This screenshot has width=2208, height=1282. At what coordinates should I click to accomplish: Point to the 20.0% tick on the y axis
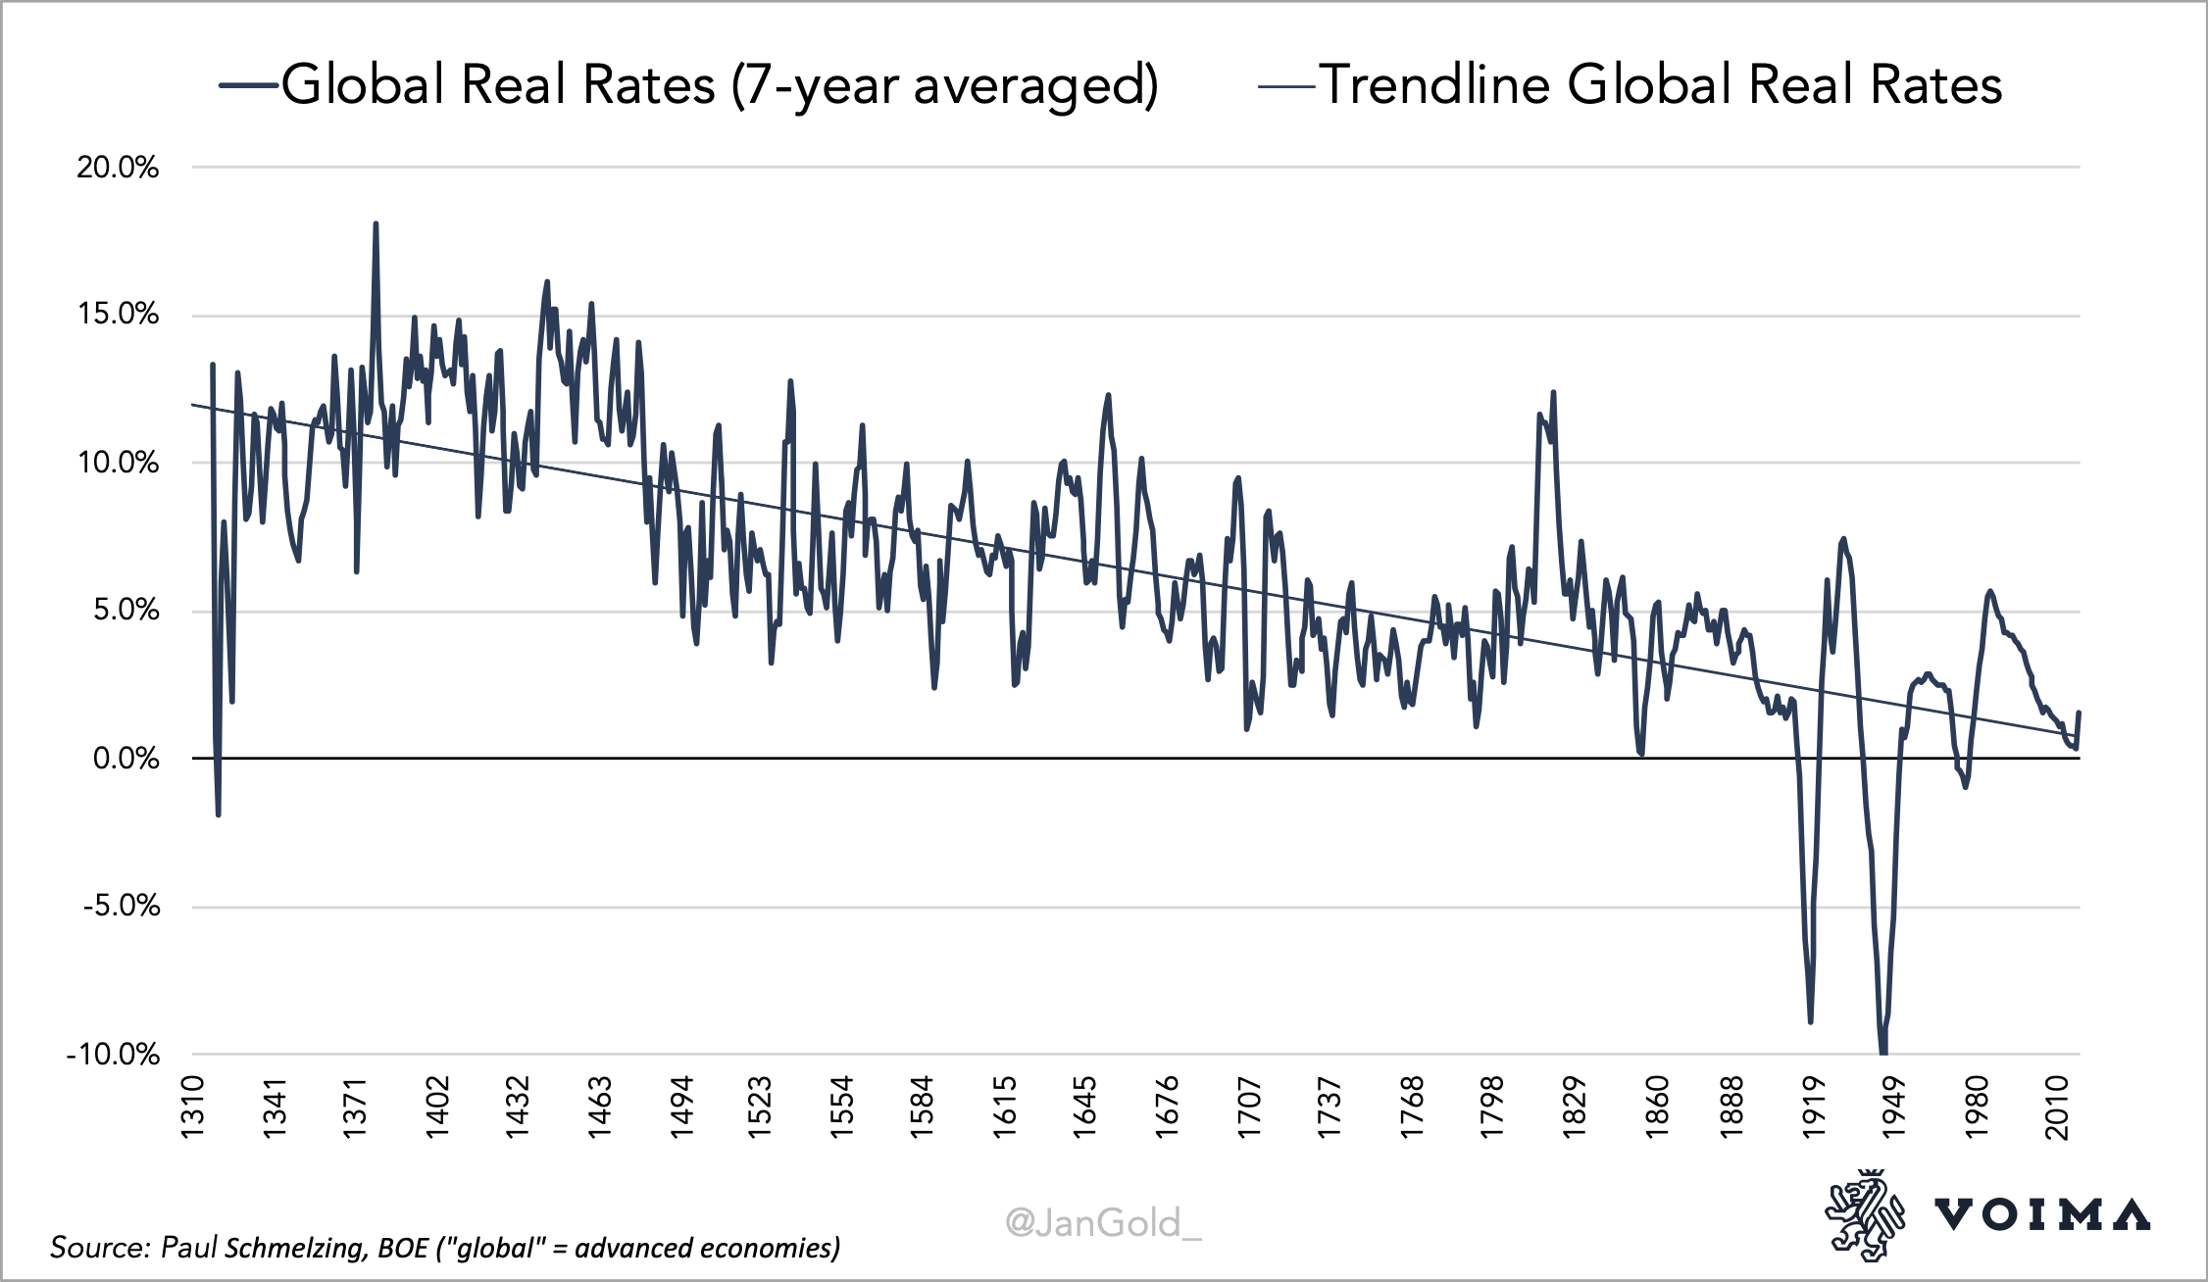[x=118, y=168]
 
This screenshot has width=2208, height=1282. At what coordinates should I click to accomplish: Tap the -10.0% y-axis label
[x=113, y=1055]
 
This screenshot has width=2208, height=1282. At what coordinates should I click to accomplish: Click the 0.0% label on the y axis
[x=125, y=759]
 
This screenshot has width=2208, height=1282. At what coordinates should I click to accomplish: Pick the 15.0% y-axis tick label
[x=118, y=315]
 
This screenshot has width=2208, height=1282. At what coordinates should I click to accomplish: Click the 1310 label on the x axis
[x=192, y=1108]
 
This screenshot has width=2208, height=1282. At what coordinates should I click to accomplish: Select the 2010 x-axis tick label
[x=2057, y=1108]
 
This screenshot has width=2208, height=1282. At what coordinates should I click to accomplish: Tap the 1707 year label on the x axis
[x=1247, y=1108]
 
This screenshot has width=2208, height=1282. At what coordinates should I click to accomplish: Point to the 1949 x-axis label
[x=1894, y=1108]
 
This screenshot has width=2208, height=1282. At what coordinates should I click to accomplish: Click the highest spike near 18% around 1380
[x=376, y=225]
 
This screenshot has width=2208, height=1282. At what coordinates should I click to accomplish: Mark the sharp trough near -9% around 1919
[x=1810, y=1020]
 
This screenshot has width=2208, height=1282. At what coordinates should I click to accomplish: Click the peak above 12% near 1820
[x=1553, y=394]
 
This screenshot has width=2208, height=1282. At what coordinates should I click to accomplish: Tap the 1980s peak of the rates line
[x=1989, y=592]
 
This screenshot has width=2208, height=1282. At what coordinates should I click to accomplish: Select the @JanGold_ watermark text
[x=1103, y=1222]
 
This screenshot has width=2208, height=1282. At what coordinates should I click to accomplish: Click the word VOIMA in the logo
[x=2041, y=1215]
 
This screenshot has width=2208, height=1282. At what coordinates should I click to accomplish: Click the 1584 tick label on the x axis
[x=922, y=1108]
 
